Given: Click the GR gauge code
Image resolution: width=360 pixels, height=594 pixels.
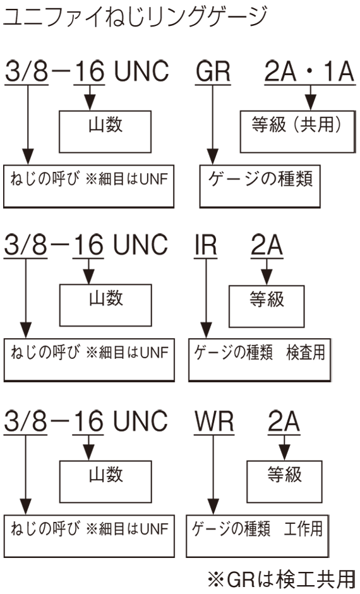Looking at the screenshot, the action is [213, 71].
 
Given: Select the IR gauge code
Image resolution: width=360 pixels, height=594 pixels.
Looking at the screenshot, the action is [205, 245].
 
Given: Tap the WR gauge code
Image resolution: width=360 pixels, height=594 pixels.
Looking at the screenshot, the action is [214, 421].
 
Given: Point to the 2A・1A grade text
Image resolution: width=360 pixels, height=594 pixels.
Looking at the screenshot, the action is [309, 71].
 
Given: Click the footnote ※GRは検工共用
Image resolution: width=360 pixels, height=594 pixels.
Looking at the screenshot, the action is [282, 579].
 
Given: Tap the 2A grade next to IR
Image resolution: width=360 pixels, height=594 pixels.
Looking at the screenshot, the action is [267, 245].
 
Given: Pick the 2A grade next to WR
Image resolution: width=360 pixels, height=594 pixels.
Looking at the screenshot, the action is [284, 421].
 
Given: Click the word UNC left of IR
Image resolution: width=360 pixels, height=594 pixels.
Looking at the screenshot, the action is [141, 245].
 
